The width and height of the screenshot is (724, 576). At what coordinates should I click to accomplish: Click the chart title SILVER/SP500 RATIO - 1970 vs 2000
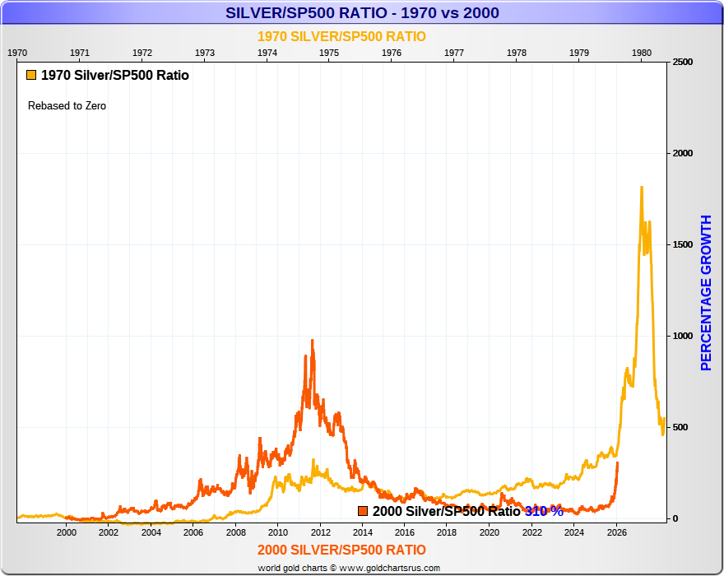point(362,13)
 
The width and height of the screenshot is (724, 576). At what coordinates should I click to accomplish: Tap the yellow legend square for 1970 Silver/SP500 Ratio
point(31,75)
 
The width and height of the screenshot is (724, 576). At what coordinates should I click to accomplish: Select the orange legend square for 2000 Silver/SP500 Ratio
point(363,511)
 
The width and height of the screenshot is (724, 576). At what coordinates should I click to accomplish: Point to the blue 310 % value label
point(544,511)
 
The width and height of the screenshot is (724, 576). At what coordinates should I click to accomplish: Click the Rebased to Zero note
point(67,106)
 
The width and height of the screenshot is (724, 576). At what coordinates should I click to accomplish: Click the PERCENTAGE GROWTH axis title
point(706,292)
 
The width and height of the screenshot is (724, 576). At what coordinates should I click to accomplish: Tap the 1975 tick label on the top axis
point(329,52)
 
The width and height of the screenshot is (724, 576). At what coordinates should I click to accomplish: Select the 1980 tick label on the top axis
point(642,52)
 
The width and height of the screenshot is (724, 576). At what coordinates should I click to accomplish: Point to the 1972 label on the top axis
point(142,52)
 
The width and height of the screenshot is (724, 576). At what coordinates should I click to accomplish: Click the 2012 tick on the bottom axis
point(320,532)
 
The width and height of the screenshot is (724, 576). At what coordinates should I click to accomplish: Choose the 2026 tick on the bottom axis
point(616,532)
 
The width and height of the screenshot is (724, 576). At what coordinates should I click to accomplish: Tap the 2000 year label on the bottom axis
point(67,532)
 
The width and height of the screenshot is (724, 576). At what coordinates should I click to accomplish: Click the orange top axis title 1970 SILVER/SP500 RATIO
point(341,36)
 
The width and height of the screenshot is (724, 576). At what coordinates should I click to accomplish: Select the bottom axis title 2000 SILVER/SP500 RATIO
point(341,550)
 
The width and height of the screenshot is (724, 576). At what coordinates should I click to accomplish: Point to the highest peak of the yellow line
point(641,188)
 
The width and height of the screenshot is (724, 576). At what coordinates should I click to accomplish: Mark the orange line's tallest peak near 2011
point(312,340)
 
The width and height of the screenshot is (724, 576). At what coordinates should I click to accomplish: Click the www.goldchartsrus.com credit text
point(390,568)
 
